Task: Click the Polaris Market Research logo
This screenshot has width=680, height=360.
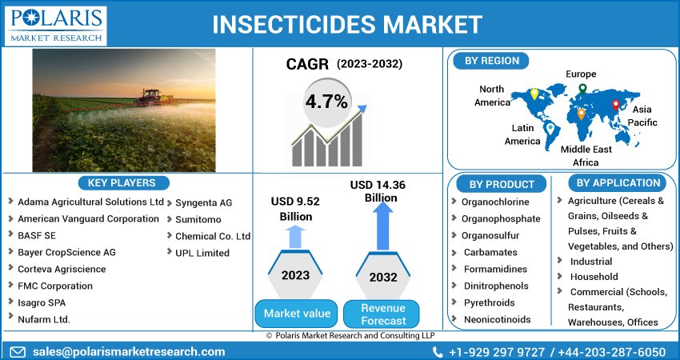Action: pos(55,26)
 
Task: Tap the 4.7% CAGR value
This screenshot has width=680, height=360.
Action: pos(326,102)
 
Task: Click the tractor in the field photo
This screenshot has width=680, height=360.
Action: pos(152,97)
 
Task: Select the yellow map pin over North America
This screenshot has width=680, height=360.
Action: pos(534,94)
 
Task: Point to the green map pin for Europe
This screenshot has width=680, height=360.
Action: pos(582,89)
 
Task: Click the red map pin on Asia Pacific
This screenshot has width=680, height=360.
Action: pos(615,105)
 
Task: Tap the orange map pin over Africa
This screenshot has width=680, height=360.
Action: pos(581,114)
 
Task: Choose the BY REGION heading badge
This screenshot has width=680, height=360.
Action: pos(491,61)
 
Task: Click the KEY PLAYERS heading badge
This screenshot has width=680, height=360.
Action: pos(122,182)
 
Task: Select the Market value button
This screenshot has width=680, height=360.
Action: pos(297,313)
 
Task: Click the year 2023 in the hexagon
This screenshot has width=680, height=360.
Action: pos(295,275)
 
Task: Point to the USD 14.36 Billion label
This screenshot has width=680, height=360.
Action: pos(378,191)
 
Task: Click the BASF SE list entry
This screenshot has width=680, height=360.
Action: pos(37,235)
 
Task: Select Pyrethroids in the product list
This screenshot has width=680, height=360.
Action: pos(489,302)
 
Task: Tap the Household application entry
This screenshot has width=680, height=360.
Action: pos(594,277)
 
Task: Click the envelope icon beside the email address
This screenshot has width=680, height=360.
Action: pos(18,351)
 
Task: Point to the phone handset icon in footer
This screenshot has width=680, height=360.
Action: pos(438,352)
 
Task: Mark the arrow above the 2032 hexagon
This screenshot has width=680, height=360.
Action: pos(383,226)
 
